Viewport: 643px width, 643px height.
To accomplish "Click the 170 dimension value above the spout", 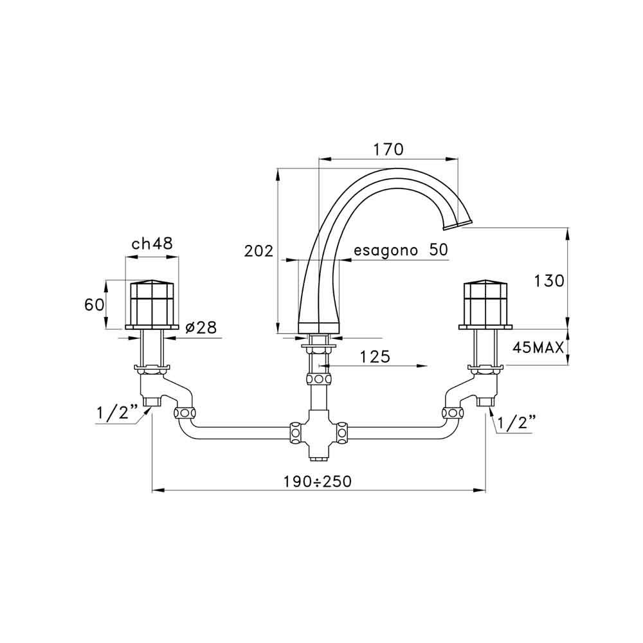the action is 388,150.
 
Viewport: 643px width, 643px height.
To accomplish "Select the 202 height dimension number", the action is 258,251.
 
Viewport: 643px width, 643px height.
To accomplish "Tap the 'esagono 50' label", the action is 401,249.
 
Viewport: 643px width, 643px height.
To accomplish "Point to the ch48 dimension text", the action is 152,244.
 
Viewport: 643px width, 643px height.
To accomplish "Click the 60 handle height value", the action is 94,305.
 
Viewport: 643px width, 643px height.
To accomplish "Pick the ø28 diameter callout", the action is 201,328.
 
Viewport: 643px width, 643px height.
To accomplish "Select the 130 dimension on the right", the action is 548,281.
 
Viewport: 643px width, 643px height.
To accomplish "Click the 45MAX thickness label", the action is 538,348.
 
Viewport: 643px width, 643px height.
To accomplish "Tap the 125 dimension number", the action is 375,357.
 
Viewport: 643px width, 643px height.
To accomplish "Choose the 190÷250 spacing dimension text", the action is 318,482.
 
